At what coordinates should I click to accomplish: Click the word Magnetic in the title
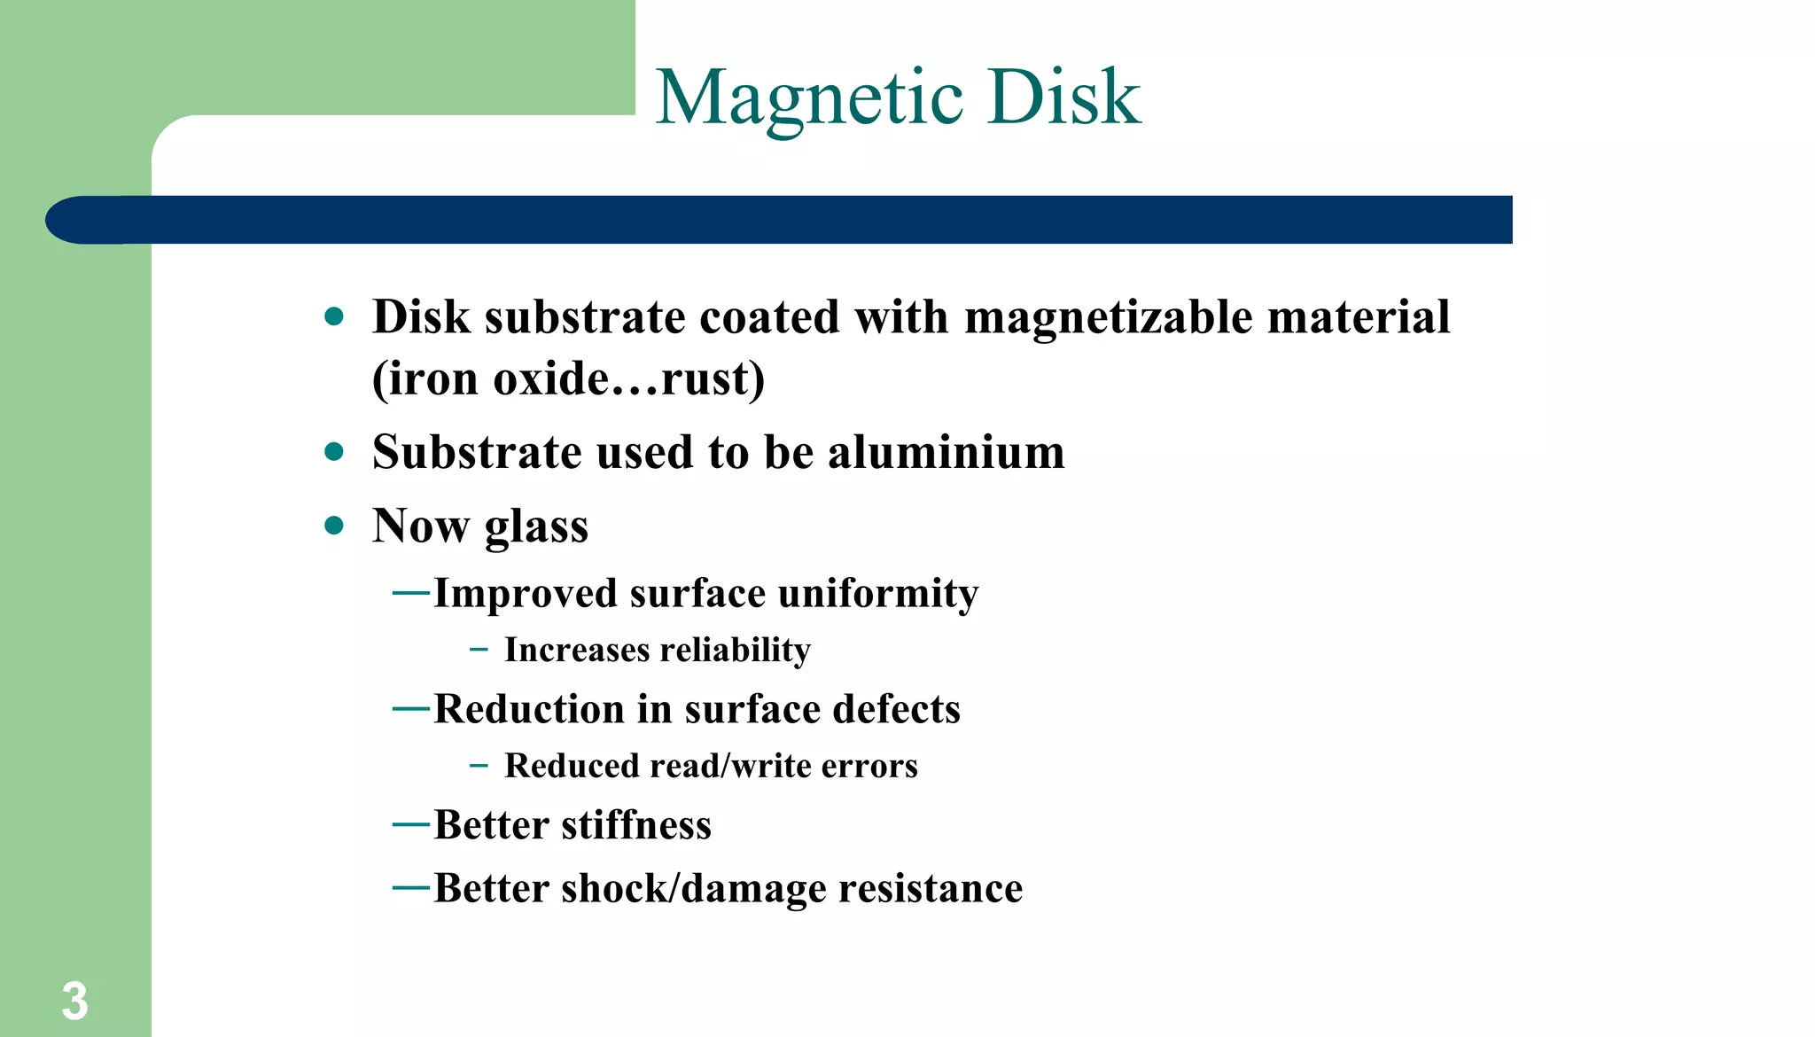coord(809,97)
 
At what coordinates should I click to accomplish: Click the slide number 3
coord(74,1002)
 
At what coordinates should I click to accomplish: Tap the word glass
coord(536,526)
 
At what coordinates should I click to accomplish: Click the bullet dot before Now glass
coord(334,526)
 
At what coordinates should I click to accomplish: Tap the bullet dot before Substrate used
coord(334,452)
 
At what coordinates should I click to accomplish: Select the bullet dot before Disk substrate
coord(334,316)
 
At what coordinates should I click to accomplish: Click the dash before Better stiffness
coord(411,825)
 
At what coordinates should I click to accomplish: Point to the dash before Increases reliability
coord(479,650)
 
